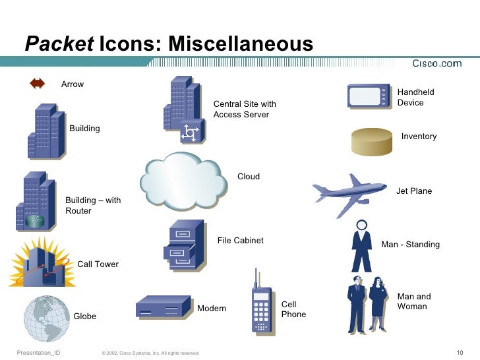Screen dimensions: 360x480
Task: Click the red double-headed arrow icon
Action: [x=37, y=84]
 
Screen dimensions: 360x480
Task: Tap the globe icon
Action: [x=47, y=318]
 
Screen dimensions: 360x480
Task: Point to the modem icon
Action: [x=162, y=307]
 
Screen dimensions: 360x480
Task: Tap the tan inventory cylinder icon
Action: [x=373, y=141]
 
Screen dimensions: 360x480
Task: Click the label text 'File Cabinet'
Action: [x=240, y=241]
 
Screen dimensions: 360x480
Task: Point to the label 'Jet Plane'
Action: [x=413, y=191]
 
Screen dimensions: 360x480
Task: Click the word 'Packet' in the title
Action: [x=59, y=44]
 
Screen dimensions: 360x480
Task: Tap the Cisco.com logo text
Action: [x=436, y=64]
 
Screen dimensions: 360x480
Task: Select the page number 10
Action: [x=460, y=352]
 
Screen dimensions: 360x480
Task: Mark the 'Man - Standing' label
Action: [x=410, y=245]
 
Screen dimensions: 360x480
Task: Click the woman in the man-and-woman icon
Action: [x=378, y=303]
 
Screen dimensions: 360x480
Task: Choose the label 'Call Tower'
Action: [x=98, y=264]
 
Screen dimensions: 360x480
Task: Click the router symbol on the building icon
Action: [x=34, y=220]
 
